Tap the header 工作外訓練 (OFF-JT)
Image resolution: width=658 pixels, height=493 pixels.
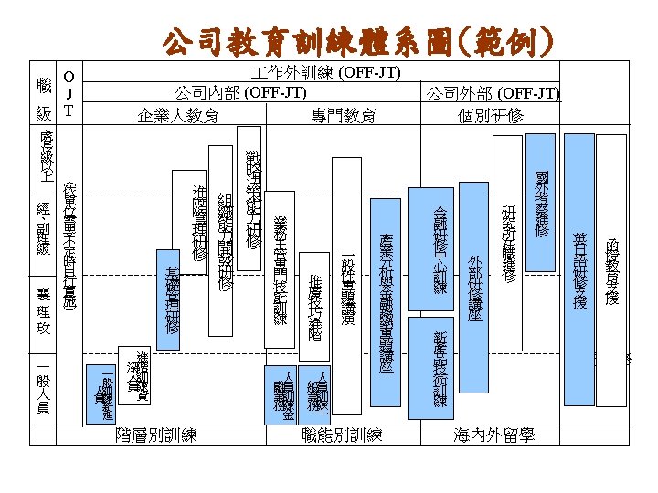click(331, 71)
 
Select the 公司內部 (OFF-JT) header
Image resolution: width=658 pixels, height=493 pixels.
click(240, 92)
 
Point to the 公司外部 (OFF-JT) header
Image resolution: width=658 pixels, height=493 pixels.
click(493, 95)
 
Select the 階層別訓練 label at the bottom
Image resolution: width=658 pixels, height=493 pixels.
click(163, 435)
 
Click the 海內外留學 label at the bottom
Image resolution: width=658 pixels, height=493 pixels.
click(493, 435)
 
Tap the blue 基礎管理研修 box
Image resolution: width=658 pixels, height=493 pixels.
click(168, 299)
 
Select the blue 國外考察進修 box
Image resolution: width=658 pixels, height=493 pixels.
click(542, 203)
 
